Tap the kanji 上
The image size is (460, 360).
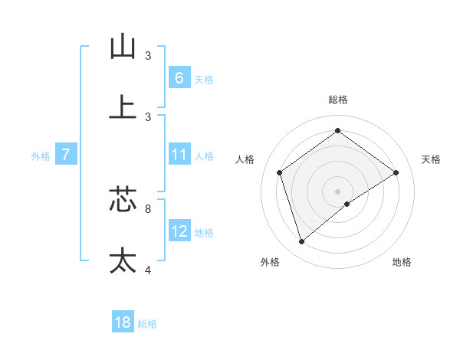tap(123, 106)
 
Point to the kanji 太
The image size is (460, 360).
tap(123, 260)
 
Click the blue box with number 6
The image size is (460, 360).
tap(179, 77)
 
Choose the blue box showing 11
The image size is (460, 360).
tap(179, 155)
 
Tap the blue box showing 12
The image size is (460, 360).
tap(179, 231)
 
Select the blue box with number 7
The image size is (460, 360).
tap(65, 155)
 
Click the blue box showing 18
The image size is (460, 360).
tap(123, 322)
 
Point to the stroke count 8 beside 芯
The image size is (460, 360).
tap(148, 208)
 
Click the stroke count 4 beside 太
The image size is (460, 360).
tap(148, 270)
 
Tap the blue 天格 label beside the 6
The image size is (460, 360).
tap(203, 79)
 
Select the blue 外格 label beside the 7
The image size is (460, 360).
tap(41, 156)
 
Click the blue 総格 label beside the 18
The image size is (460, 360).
tap(147, 324)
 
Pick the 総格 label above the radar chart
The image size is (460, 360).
tap(338, 100)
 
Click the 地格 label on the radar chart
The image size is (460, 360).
tap(402, 262)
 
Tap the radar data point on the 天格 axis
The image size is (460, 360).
tap(396, 172)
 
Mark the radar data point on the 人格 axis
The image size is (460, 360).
tap(280, 172)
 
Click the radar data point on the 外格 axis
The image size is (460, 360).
tap(301, 242)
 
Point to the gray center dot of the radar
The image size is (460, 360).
tap(338, 191)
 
